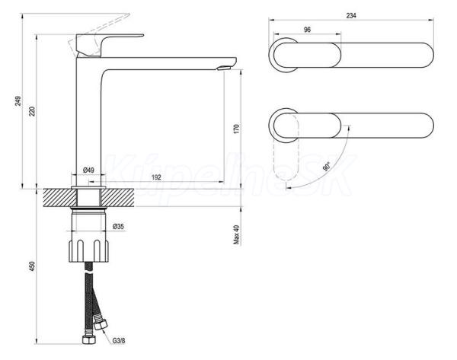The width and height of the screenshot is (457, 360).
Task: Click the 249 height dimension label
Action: point(18,100)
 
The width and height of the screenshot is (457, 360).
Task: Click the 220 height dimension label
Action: point(32,112)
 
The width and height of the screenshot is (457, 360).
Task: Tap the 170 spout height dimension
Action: point(236,129)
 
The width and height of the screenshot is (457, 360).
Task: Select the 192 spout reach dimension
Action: point(156,177)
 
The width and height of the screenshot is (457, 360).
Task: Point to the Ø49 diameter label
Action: point(88,170)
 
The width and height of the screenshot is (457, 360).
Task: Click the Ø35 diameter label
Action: point(118,226)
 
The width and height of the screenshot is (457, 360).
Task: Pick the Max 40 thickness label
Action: point(236,234)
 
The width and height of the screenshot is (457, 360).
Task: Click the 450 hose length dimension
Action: point(32,266)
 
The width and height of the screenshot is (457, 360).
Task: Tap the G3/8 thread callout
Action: point(119,340)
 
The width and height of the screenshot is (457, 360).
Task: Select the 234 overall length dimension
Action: point(351,15)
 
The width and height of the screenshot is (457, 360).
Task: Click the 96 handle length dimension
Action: point(307,30)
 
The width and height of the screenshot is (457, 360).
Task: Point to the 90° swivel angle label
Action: point(327,167)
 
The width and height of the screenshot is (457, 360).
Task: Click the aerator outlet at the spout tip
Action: point(224,68)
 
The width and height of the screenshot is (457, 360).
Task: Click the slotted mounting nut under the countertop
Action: point(88,250)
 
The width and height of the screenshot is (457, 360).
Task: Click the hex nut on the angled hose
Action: point(101,324)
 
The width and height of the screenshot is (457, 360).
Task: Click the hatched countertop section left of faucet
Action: point(59,198)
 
